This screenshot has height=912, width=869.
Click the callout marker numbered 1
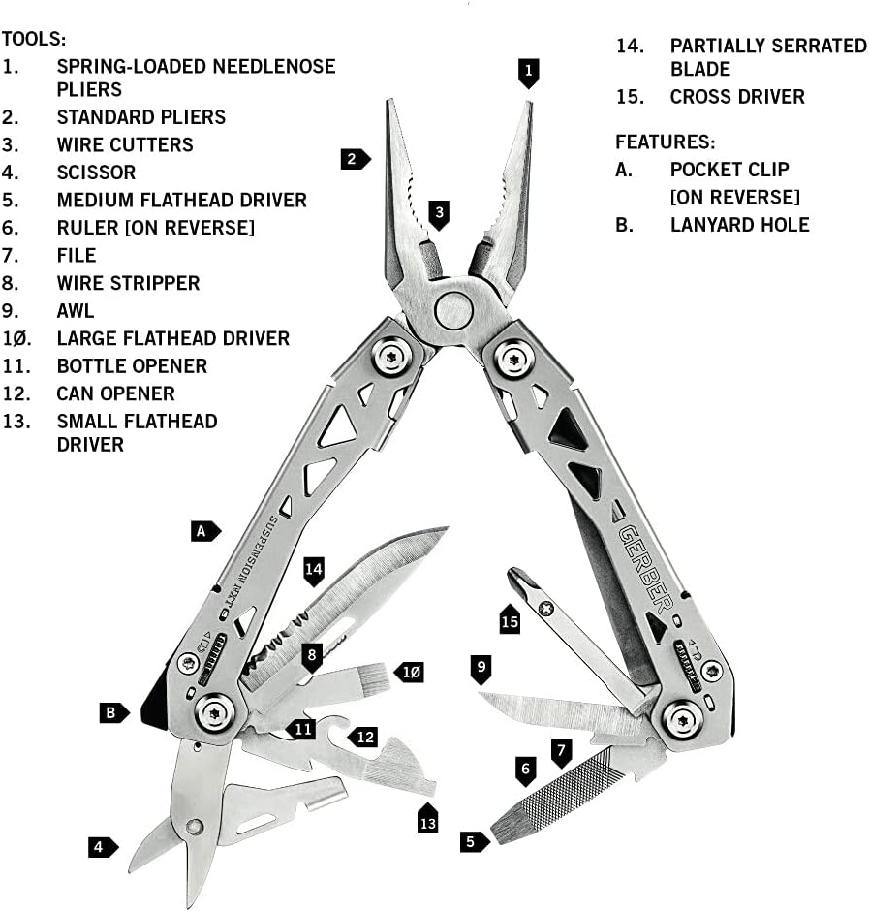pyautogui.click(x=528, y=73)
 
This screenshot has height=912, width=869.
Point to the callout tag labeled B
pyautogui.click(x=112, y=712)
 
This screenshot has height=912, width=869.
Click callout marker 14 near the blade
pyautogui.click(x=313, y=570)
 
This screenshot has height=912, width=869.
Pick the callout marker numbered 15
pyautogui.click(x=510, y=619)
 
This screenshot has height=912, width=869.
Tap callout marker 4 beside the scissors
pyautogui.click(x=100, y=847)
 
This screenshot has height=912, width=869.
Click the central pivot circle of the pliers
pyautogui.click(x=452, y=310)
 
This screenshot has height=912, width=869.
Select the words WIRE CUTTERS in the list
pyautogui.click(x=125, y=144)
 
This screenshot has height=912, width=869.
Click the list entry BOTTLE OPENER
pyautogui.click(x=132, y=365)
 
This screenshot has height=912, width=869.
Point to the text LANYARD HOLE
pyautogui.click(x=739, y=224)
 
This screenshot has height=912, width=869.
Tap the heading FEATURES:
pyautogui.click(x=665, y=142)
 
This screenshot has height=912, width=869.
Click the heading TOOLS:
pyautogui.click(x=34, y=39)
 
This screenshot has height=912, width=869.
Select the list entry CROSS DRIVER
pyautogui.click(x=737, y=97)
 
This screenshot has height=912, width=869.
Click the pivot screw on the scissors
pyautogui.click(x=195, y=827)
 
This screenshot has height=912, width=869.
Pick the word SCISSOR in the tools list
pyautogui.click(x=96, y=172)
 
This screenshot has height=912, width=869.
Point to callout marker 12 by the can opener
pyautogui.click(x=361, y=737)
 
